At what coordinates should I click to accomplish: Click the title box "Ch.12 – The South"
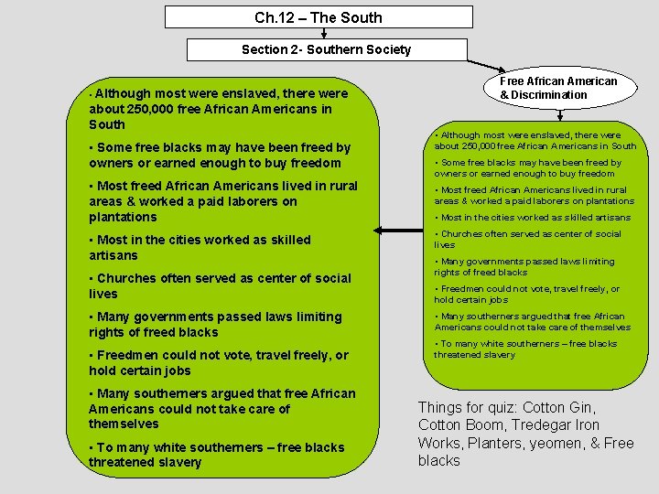pyautogui.click(x=319, y=17)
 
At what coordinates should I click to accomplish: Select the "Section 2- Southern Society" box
pyautogui.click(x=326, y=49)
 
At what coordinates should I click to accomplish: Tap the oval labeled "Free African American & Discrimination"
pyautogui.click(x=557, y=88)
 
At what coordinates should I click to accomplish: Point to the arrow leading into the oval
pyautogui.click(x=486, y=65)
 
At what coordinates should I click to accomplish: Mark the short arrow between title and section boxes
pyautogui.click(x=324, y=34)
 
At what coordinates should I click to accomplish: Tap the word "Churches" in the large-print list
pyautogui.click(x=126, y=278)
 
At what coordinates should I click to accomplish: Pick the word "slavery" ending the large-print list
pyautogui.click(x=179, y=462)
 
